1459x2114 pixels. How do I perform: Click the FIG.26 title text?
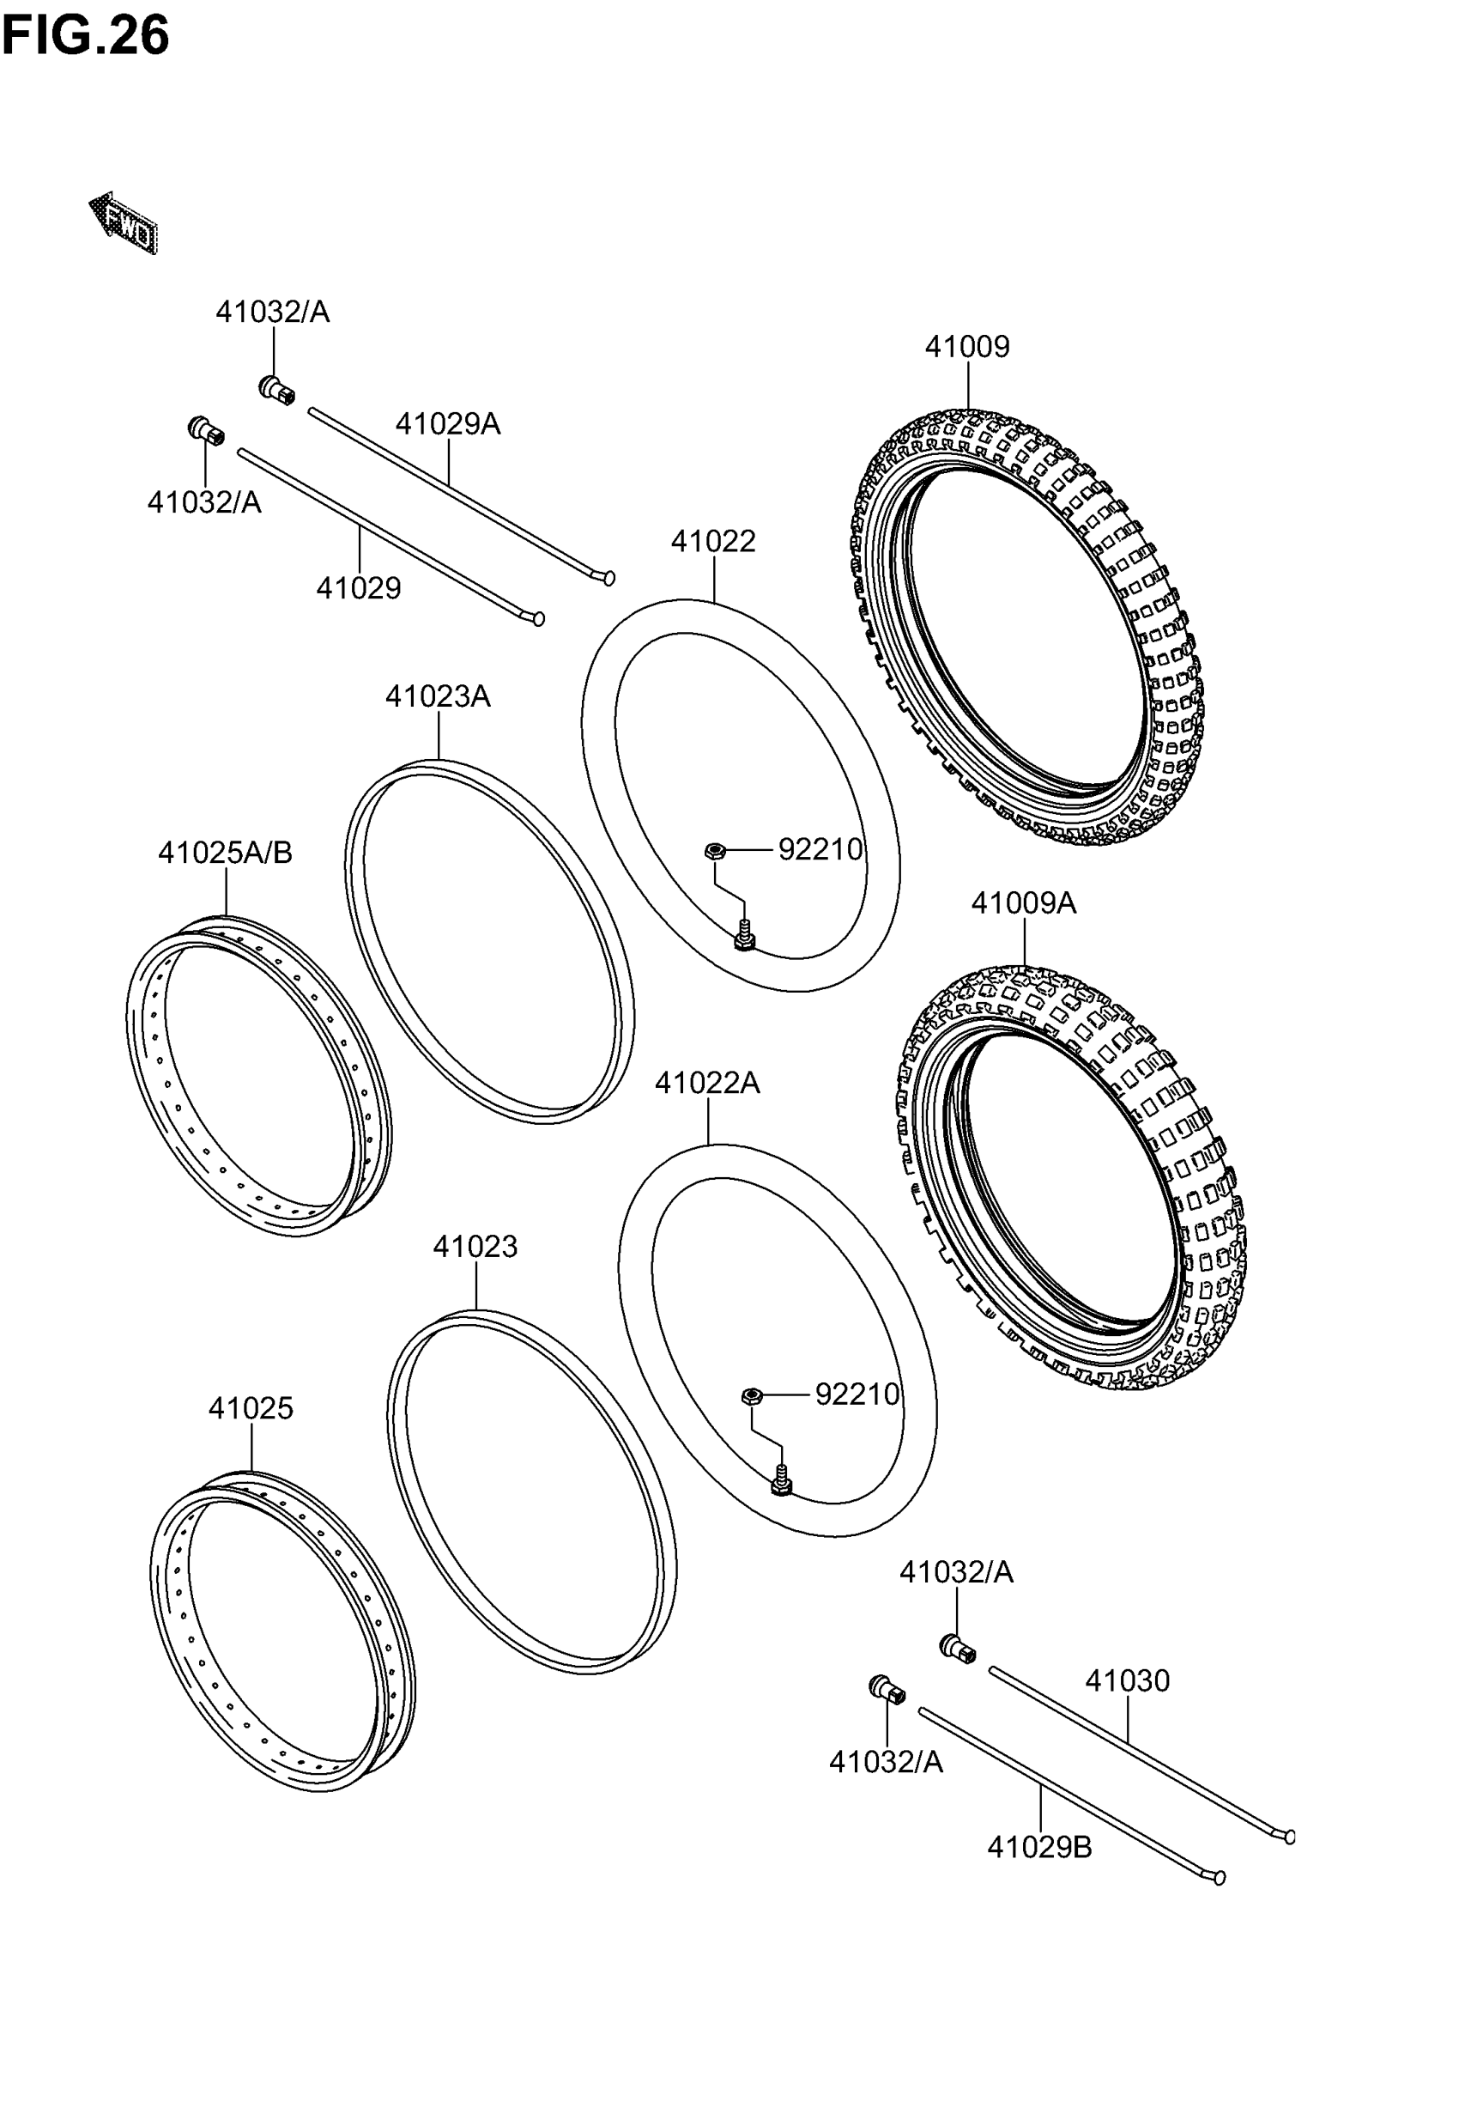[85, 36]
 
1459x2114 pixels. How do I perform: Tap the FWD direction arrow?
[124, 222]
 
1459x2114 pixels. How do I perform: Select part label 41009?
[966, 348]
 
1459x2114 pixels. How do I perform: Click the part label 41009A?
[1023, 903]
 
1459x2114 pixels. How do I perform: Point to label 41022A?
[706, 1084]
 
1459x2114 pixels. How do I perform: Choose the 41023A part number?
[437, 696]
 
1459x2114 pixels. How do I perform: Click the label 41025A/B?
[225, 853]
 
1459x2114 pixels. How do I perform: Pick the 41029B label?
[1039, 1848]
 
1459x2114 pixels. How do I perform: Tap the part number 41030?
[1126, 1680]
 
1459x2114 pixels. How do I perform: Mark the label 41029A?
[448, 424]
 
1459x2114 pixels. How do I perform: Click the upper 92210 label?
[820, 850]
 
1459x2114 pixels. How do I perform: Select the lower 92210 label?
[857, 1394]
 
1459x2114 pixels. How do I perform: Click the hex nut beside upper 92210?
[715, 851]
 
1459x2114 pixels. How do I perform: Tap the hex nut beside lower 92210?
[752, 1395]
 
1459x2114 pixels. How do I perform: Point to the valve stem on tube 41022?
[744, 935]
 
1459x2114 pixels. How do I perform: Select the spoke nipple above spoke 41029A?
[276, 390]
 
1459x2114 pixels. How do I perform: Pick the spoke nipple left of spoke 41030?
[957, 1649]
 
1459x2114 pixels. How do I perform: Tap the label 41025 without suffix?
[251, 1409]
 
